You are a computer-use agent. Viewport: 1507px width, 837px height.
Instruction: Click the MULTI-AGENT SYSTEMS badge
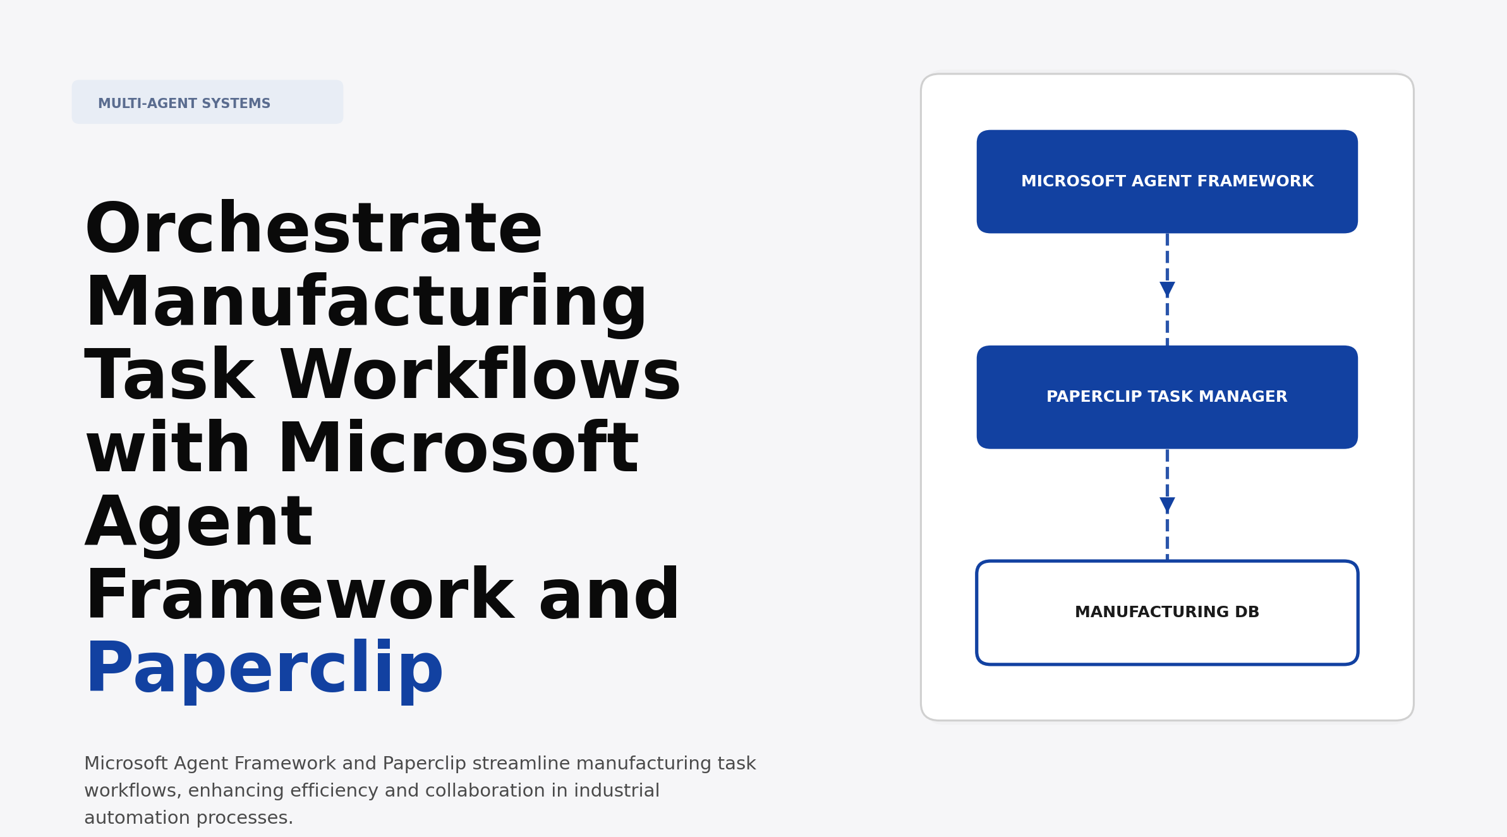pos(207,102)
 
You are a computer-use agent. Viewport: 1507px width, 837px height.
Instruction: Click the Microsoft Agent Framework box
pos(1166,182)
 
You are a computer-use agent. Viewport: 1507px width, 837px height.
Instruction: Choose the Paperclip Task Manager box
pos(1166,397)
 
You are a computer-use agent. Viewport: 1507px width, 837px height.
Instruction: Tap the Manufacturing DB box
pos(1166,613)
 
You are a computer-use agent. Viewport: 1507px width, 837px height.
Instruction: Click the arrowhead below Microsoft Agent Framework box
pos(1167,289)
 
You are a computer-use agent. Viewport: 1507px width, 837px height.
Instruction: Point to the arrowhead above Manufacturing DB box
pos(1167,505)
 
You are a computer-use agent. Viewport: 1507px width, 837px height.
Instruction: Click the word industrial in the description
pos(616,791)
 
